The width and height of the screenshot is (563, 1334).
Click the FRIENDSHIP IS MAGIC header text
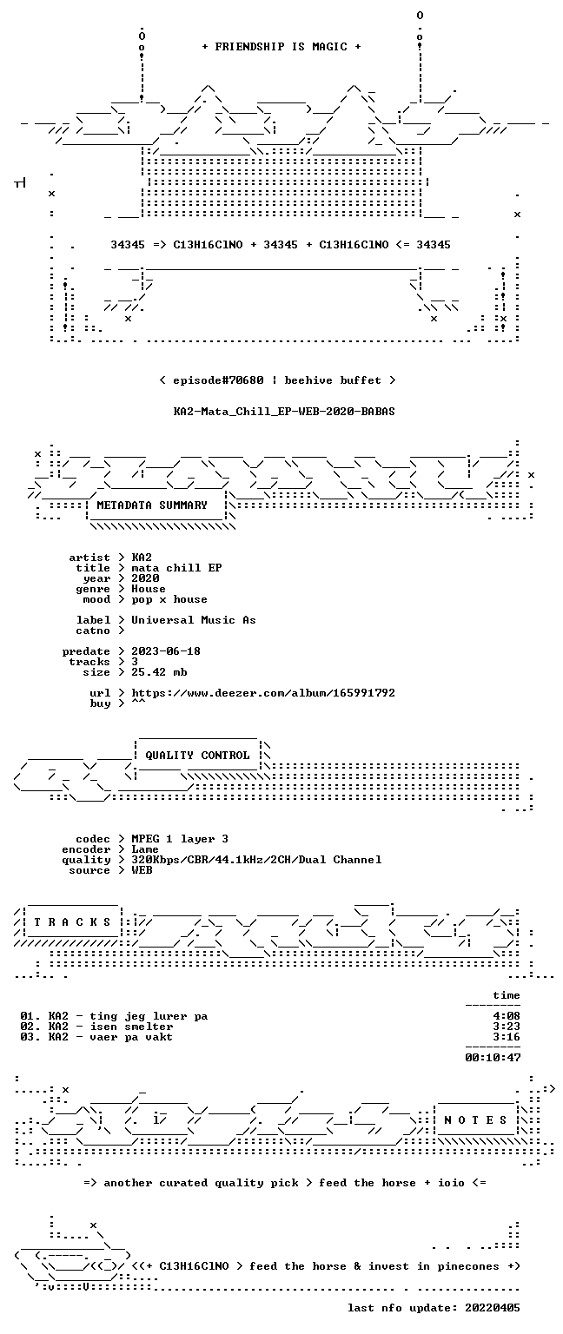[281, 46]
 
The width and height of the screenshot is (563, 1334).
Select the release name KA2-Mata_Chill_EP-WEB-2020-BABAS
[283, 412]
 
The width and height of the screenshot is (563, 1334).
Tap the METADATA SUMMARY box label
[152, 505]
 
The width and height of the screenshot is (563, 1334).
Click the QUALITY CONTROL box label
[197, 755]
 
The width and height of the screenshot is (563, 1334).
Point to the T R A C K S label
[72, 921]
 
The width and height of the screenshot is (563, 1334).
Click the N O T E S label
[475, 1120]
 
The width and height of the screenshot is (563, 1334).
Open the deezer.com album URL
[262, 692]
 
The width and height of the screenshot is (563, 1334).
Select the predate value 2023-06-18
[166, 650]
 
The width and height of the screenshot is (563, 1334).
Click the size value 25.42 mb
[159, 671]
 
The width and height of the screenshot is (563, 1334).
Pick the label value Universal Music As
[194, 620]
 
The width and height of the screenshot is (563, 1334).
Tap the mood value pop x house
[169, 599]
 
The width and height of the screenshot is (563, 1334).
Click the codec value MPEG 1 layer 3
[179, 838]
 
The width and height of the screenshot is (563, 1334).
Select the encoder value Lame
[145, 849]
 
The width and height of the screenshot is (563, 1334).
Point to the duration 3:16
[507, 1037]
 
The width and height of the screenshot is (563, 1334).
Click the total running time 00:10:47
[493, 1058]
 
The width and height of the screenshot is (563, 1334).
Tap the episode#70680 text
[218, 380]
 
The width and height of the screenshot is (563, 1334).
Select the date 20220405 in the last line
[492, 1308]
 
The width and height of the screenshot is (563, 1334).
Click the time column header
[507, 995]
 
